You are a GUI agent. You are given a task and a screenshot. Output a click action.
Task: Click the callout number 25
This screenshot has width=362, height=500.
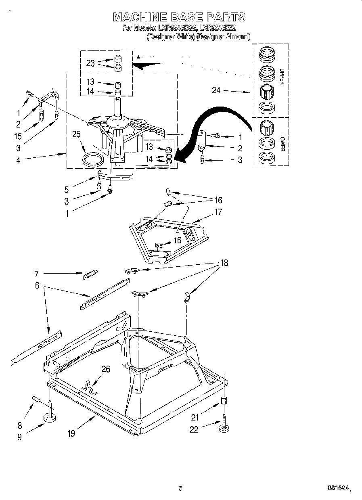[x=76, y=134]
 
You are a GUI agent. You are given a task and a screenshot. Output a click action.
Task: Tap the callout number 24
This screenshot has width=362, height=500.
[x=216, y=90]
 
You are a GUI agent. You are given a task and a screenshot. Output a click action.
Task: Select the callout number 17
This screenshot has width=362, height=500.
[x=218, y=211]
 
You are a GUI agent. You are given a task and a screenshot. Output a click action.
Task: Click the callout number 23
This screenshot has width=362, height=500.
[x=90, y=63]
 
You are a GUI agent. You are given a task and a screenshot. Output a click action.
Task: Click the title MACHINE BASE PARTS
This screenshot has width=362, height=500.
[x=179, y=17]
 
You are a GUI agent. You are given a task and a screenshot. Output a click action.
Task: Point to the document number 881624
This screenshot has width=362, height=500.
[x=337, y=488]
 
